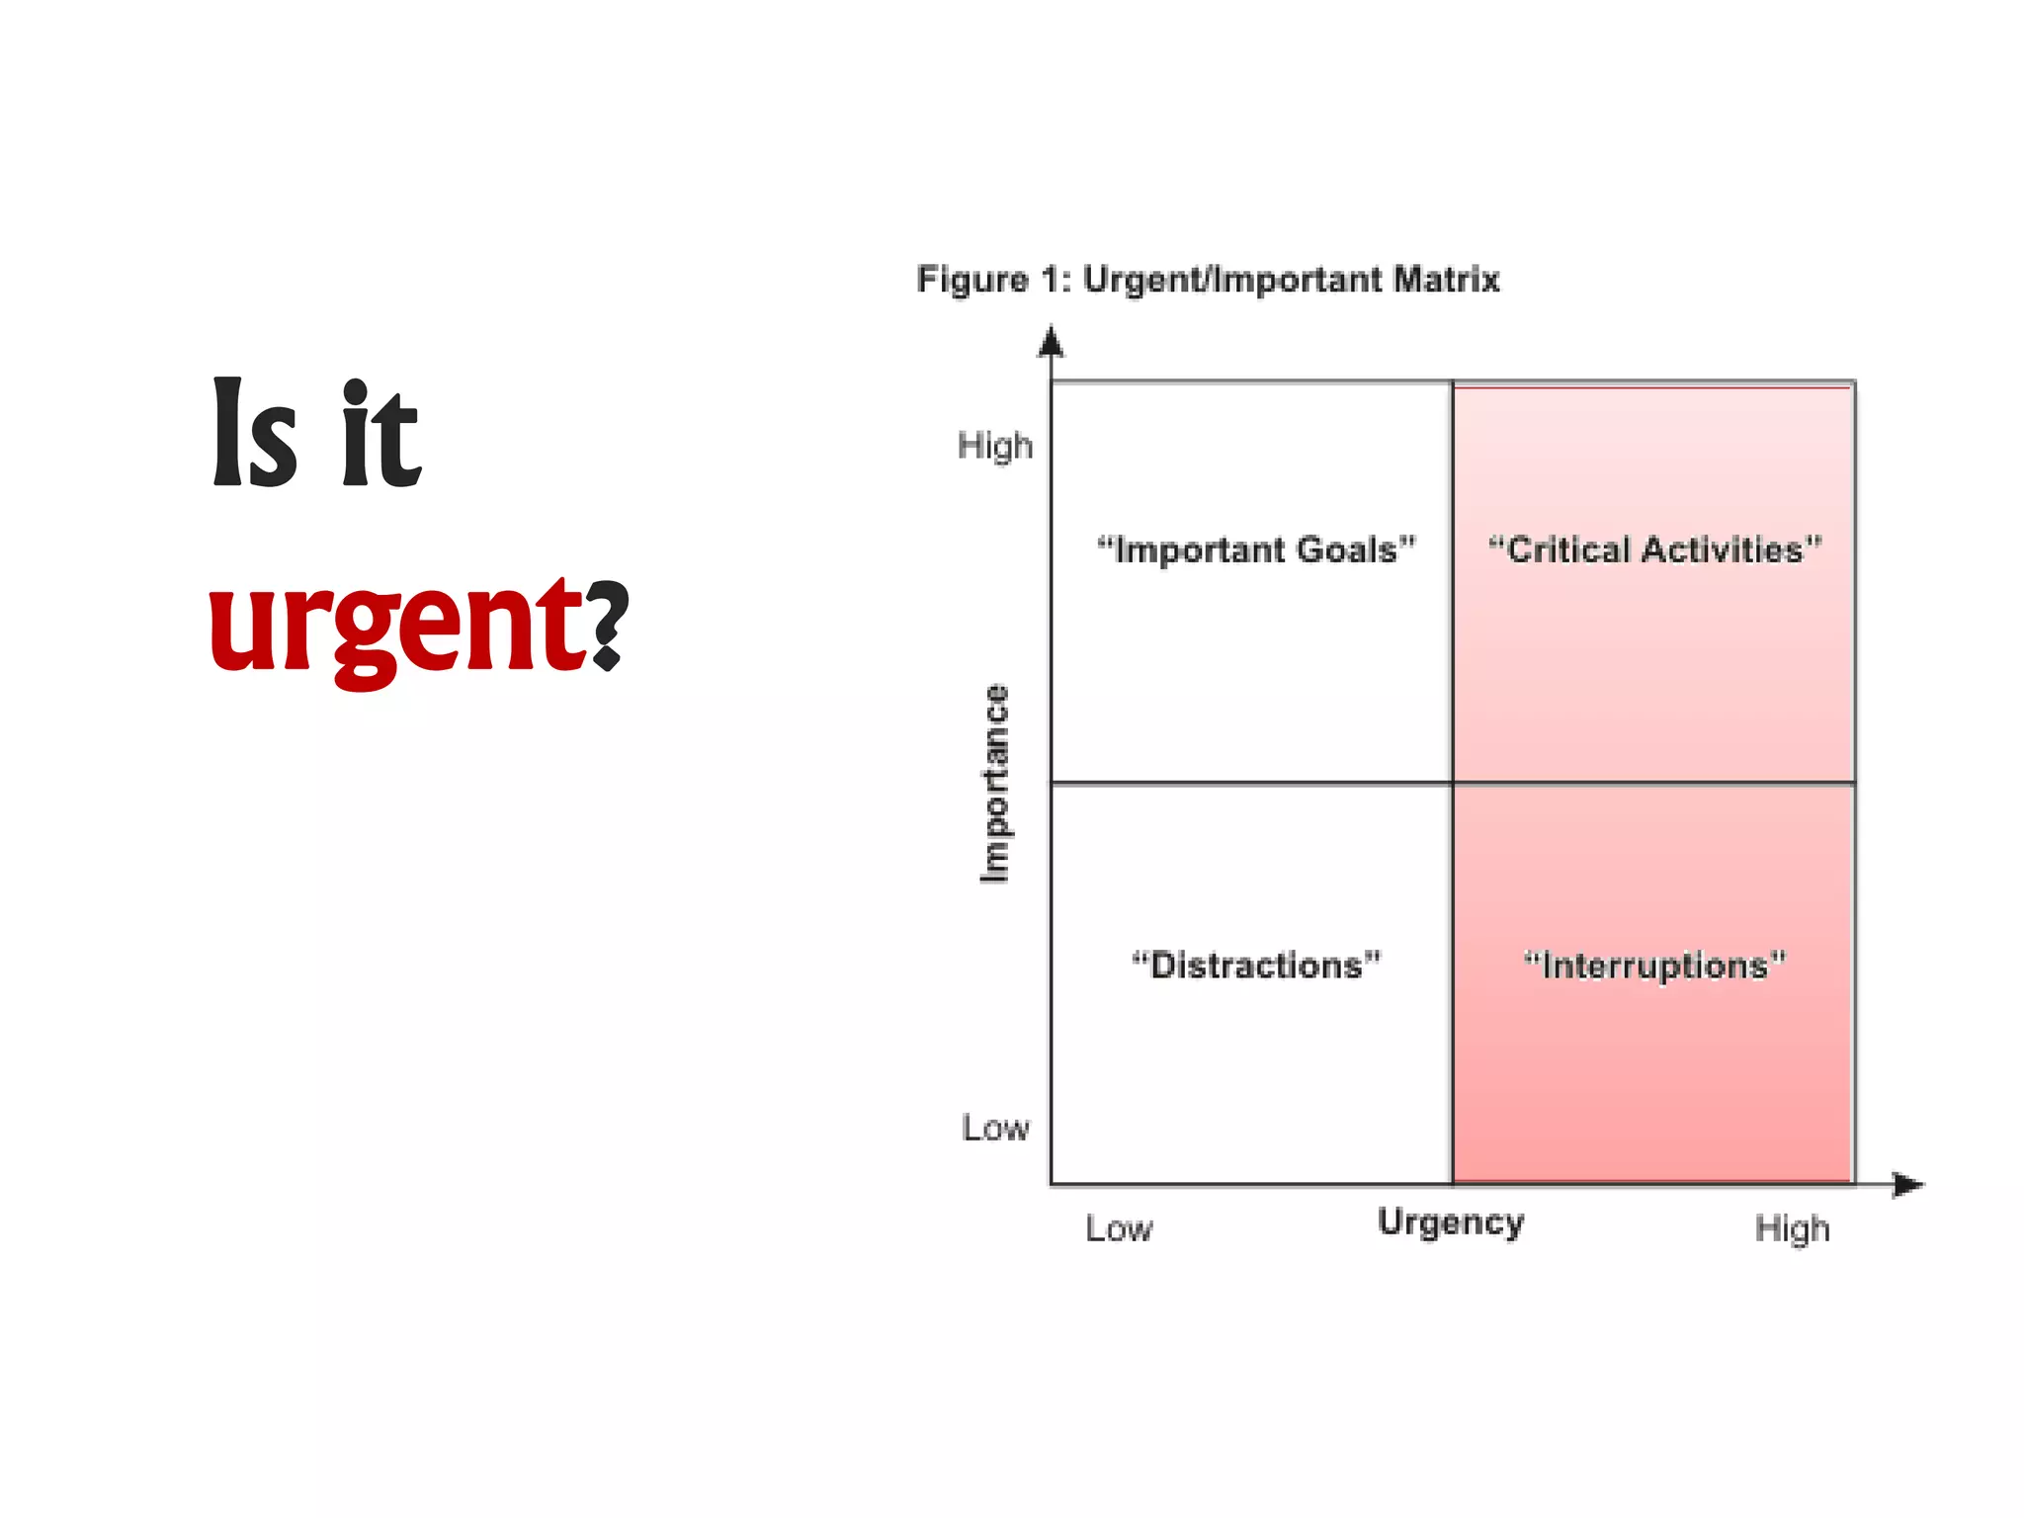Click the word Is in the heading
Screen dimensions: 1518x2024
(254, 435)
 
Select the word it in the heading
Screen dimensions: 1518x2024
(381, 435)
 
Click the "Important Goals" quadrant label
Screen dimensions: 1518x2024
(1256, 549)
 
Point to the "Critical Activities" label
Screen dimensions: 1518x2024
(1654, 549)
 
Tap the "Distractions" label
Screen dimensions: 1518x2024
(1256, 965)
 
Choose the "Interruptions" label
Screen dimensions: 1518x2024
(1654, 966)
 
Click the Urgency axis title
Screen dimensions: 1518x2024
(1451, 1223)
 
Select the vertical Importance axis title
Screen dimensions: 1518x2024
(994, 783)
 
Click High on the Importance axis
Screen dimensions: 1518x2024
(994, 446)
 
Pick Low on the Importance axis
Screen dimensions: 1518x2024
(995, 1128)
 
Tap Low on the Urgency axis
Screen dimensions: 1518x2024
(1119, 1228)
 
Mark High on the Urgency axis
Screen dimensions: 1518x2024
(1792, 1228)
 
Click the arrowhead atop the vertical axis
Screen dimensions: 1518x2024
(1052, 342)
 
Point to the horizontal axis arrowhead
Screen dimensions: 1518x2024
(1908, 1184)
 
